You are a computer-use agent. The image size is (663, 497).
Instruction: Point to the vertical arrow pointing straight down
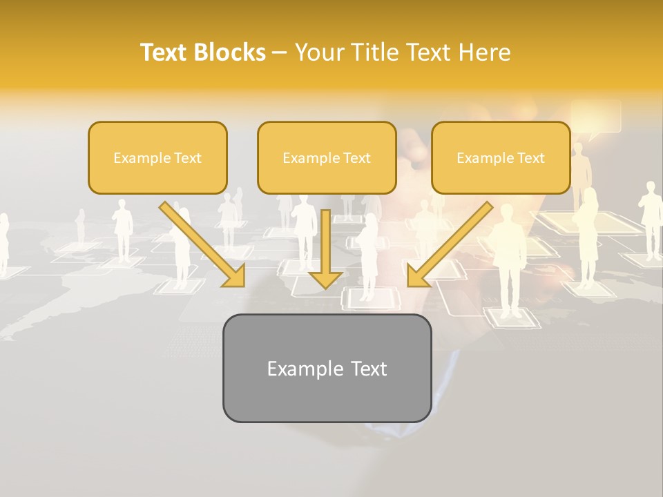325,242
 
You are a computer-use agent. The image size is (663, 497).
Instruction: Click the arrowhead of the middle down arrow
325,278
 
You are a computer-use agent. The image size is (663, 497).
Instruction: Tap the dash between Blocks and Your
280,53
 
